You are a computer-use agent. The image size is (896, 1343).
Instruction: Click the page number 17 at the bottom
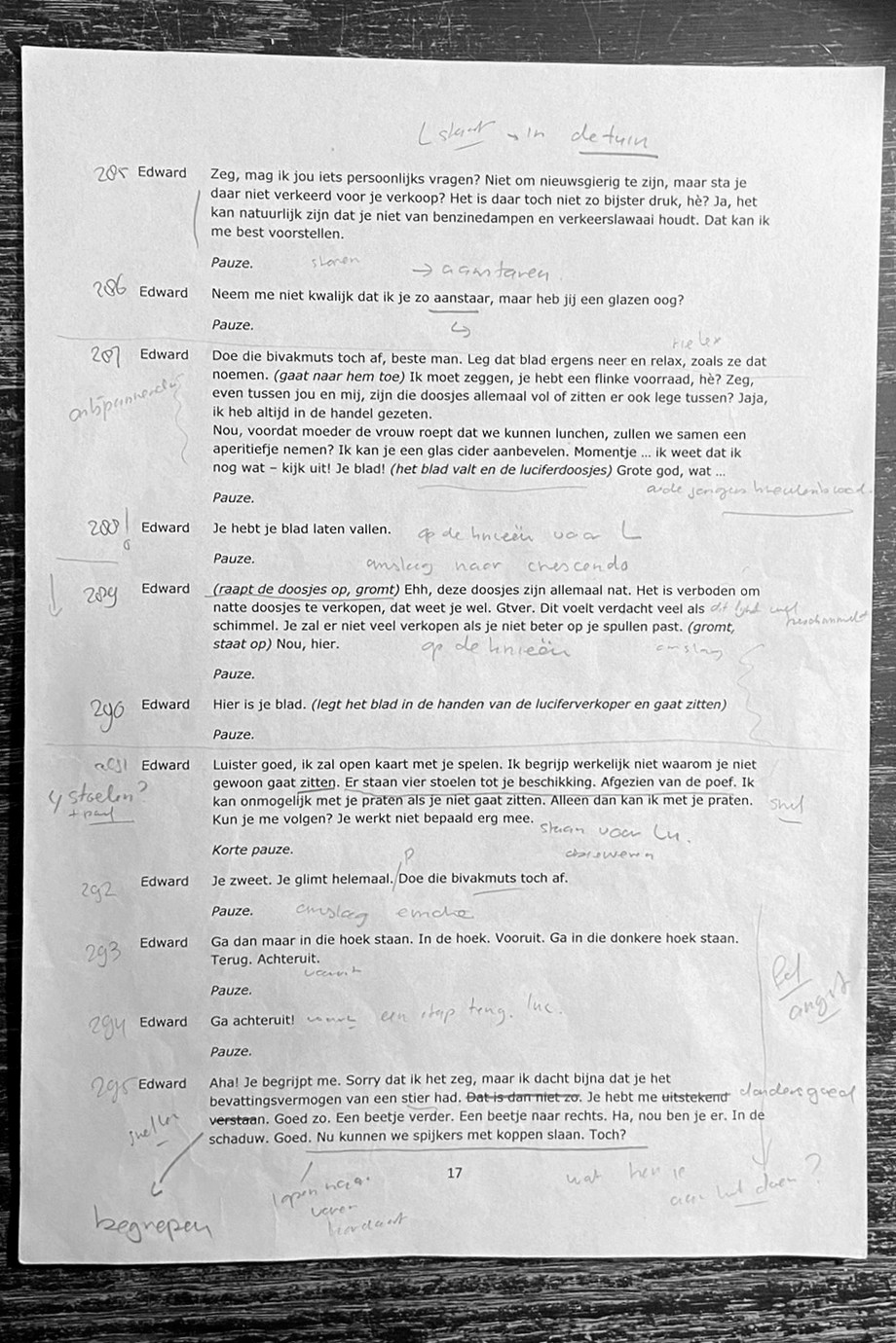click(454, 1173)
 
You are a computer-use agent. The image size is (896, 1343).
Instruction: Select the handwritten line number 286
click(109, 290)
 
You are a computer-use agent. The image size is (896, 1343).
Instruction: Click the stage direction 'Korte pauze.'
click(252, 850)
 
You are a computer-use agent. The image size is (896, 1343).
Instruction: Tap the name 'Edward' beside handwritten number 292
click(165, 881)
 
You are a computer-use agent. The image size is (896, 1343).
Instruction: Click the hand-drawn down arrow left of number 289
click(54, 595)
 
